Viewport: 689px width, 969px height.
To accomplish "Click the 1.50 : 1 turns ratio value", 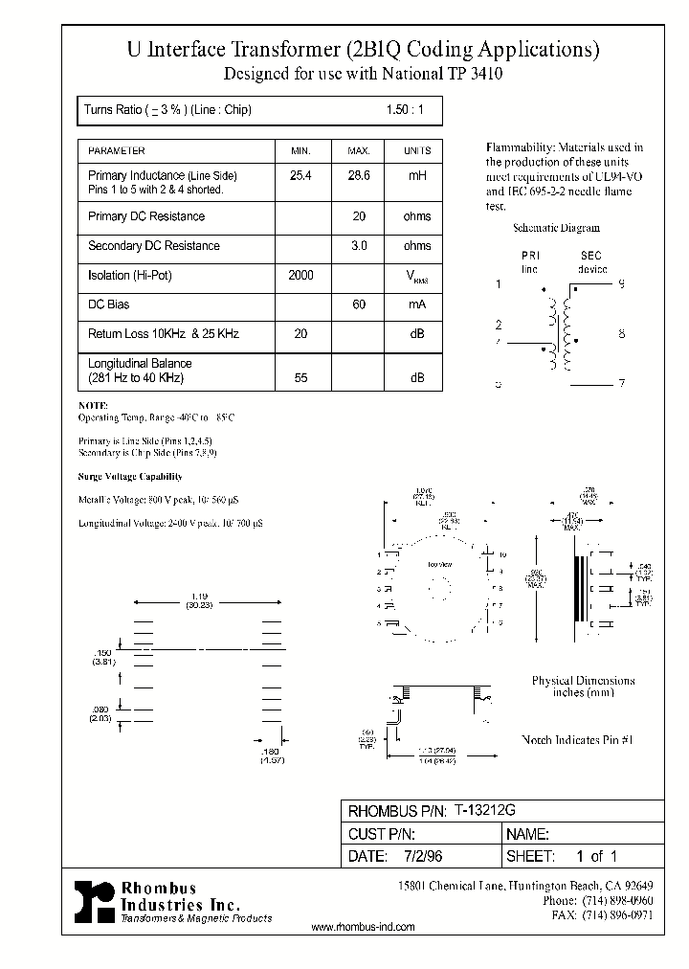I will click(x=404, y=110).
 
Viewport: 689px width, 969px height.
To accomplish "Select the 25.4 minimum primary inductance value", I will click(x=300, y=176).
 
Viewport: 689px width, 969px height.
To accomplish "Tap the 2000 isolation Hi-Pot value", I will click(x=300, y=276).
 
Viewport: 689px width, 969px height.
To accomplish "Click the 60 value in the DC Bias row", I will click(x=359, y=304).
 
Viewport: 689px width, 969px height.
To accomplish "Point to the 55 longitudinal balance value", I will click(x=300, y=378).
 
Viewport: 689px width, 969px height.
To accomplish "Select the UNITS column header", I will click(x=417, y=151).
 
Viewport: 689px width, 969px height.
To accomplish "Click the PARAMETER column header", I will click(x=117, y=151).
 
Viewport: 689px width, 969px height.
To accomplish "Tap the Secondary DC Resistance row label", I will click(x=153, y=246).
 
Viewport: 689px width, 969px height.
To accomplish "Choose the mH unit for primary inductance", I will click(x=417, y=176).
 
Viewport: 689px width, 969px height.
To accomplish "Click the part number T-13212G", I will click(x=484, y=810).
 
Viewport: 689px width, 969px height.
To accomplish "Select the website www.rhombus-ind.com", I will click(x=364, y=928).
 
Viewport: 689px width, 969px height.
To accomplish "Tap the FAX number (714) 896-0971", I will click(x=617, y=915).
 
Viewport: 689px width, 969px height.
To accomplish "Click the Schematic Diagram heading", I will click(x=556, y=228).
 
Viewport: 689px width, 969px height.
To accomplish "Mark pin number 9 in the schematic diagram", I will click(x=621, y=284).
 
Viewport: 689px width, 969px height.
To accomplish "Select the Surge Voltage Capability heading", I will click(x=129, y=476).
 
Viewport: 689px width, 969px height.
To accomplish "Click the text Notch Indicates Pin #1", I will click(x=578, y=740).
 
